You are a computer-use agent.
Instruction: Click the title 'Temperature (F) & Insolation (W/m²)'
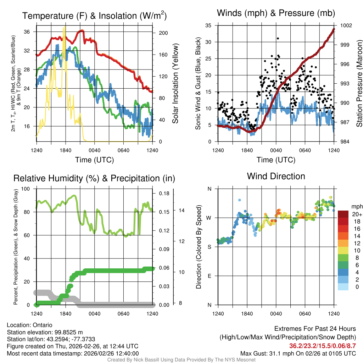94,16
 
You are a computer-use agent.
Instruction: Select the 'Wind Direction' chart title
276,176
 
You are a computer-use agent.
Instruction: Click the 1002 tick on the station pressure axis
346,26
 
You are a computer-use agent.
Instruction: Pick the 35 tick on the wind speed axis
208,26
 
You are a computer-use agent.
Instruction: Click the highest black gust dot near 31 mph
278,38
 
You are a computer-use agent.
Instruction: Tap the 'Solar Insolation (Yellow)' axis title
175,83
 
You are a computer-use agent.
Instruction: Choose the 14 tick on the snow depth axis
181,211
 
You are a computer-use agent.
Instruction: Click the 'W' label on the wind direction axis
209,218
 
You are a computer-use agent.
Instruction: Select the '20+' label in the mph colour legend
357,214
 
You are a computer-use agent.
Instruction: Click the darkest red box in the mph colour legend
343,214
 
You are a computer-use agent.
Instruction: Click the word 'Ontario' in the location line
43,325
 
